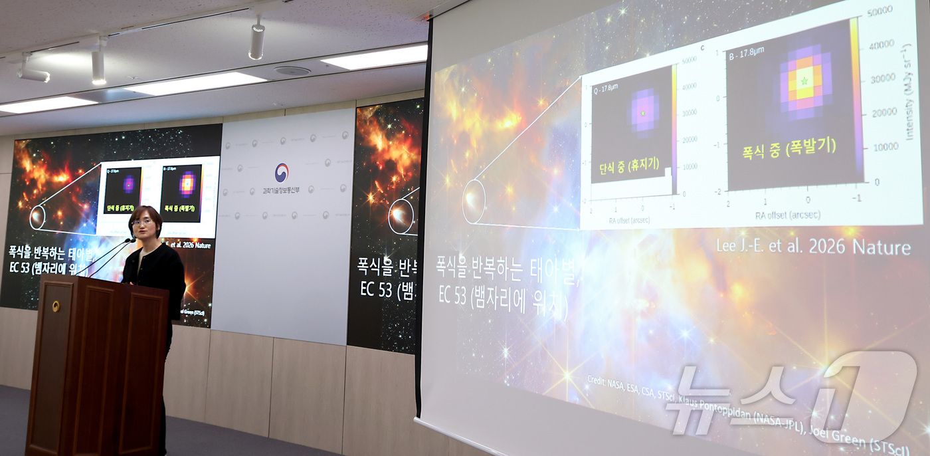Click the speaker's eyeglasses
click(x=142, y=222)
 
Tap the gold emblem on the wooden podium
click(x=56, y=306)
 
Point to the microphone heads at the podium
click(x=129, y=240)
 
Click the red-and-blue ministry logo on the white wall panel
click(x=282, y=172)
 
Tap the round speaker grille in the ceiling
click(x=292, y=71)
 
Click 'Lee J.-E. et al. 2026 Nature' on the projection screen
click(x=812, y=247)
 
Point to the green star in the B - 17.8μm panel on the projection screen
click(x=805, y=80)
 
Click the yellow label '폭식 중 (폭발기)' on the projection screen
click(x=789, y=148)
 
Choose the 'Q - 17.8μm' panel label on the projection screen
click(x=605, y=87)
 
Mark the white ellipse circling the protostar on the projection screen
click(x=474, y=201)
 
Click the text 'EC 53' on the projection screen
click(x=452, y=295)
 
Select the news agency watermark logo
click(x=790, y=399)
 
